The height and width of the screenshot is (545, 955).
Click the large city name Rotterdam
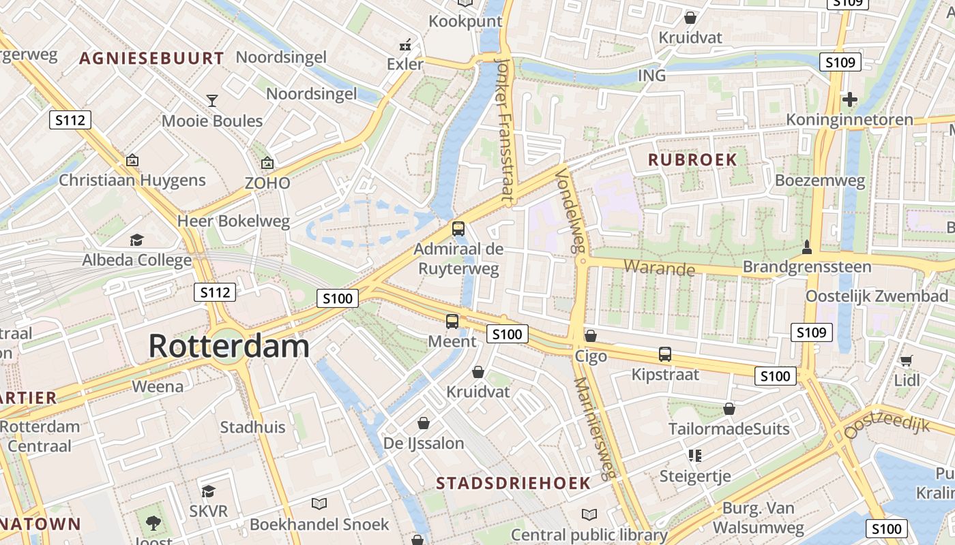click(x=229, y=346)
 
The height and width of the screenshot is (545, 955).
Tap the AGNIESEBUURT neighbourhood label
click(x=151, y=59)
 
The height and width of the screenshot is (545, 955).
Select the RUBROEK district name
click(x=692, y=160)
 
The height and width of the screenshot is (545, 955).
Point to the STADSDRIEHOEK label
click(x=513, y=483)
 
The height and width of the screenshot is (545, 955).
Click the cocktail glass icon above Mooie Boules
click(x=212, y=101)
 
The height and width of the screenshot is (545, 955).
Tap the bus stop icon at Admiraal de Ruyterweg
click(x=458, y=229)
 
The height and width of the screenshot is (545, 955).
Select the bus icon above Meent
click(x=452, y=322)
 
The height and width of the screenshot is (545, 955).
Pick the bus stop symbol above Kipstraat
click(x=665, y=354)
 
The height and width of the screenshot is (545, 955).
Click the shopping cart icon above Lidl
click(x=906, y=360)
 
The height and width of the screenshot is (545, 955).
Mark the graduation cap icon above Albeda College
click(x=137, y=240)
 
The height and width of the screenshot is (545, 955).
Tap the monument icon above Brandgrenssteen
click(x=807, y=247)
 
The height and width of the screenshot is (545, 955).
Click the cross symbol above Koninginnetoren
click(x=849, y=99)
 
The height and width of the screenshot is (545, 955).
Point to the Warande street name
click(x=660, y=267)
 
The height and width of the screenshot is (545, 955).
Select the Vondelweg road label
click(x=572, y=211)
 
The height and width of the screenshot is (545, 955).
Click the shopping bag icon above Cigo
click(x=591, y=336)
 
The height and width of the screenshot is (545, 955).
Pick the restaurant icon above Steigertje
click(x=695, y=455)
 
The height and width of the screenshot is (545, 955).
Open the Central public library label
click(x=589, y=535)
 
